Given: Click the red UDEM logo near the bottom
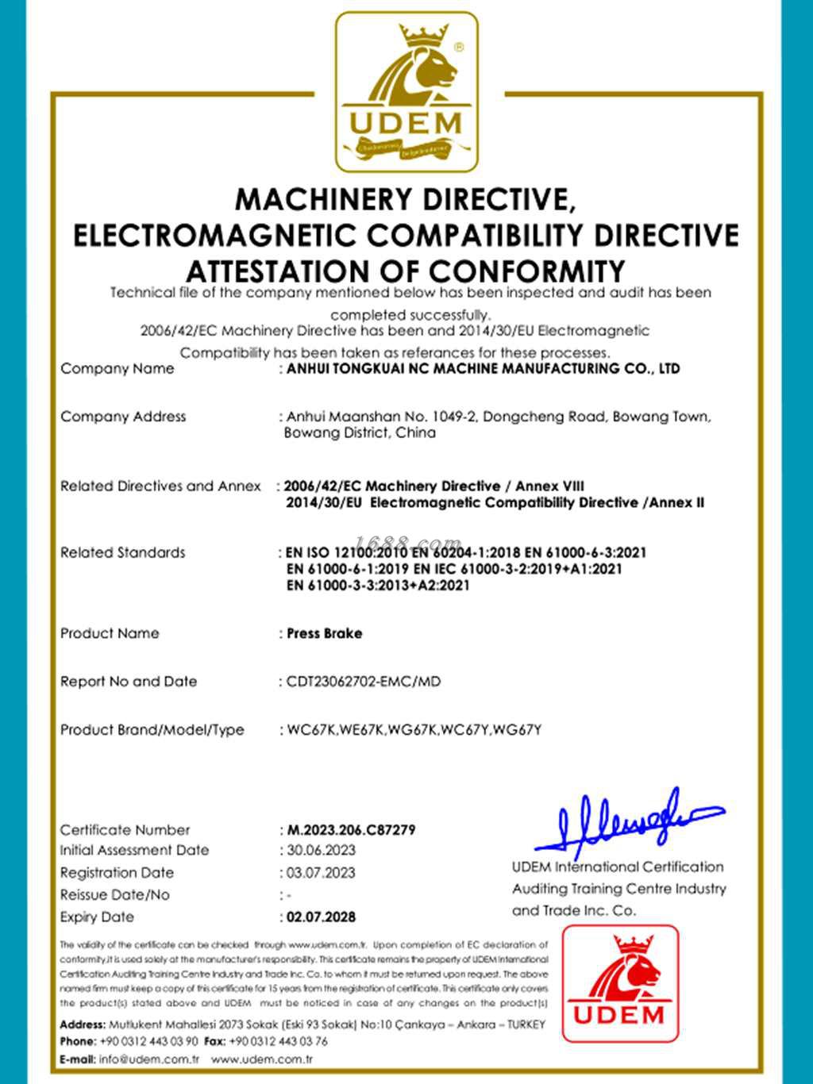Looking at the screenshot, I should [620, 983].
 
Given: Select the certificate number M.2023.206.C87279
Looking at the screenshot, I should [351, 830].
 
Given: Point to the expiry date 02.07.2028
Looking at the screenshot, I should [321, 917].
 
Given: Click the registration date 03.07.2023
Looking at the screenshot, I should [321, 873].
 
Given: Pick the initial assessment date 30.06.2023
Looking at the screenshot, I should [321, 851].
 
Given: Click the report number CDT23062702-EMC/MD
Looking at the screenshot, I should [364, 682].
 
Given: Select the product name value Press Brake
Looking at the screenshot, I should [325, 634].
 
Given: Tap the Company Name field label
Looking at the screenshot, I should [117, 369].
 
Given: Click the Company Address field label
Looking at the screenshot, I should [123, 417].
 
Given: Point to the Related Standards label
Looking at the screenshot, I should [122, 552].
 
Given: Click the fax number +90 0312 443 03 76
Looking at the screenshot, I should [278, 1041].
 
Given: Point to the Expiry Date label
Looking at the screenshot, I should [97, 917].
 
